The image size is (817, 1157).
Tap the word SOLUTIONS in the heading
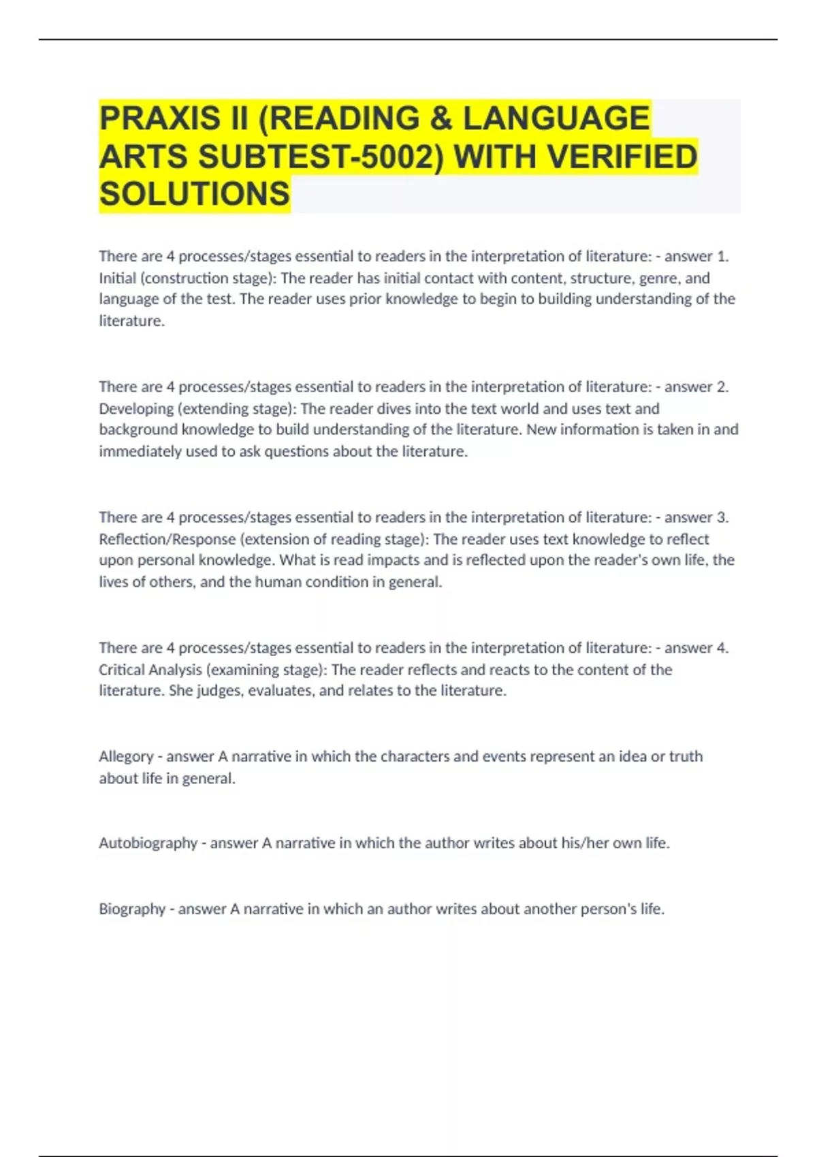tap(195, 194)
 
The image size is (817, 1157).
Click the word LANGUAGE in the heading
tap(556, 118)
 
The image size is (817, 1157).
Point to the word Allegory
tap(125, 757)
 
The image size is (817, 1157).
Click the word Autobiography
tap(148, 843)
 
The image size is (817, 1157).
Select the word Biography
tap(132, 909)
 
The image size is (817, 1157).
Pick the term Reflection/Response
tap(167, 540)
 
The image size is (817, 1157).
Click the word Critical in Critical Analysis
tap(121, 670)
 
